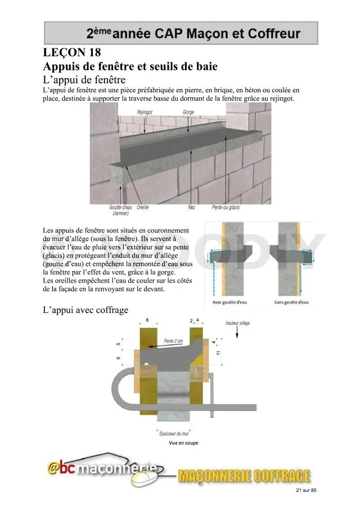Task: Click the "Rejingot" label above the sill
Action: pos(145,112)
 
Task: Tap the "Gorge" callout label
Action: pos(188,112)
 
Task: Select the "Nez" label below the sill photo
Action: pos(191,207)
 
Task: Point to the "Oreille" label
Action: pos(142,207)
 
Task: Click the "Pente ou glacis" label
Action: pos(226,207)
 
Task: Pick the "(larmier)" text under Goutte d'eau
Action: pos(120,213)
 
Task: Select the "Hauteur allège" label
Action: pos(237,323)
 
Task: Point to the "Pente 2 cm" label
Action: pos(174,341)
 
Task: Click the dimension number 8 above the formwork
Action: pos(147,320)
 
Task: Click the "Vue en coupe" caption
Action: pos(183,443)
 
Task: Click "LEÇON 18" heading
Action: pos(72,53)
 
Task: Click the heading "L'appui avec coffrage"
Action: pos(85,310)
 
